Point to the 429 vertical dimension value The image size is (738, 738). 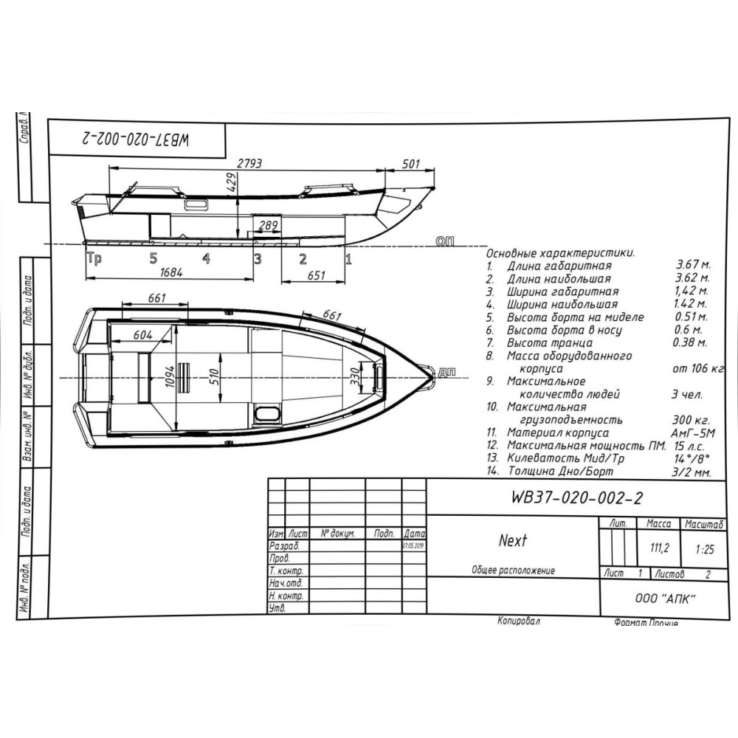click(x=232, y=183)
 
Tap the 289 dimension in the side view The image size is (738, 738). click(x=269, y=224)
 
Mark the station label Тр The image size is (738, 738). click(x=94, y=258)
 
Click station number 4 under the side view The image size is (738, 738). click(x=206, y=258)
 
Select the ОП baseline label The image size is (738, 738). click(x=446, y=241)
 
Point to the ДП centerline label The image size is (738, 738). click(x=446, y=371)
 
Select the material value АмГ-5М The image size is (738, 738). click(x=692, y=432)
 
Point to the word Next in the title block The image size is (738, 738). click(x=512, y=541)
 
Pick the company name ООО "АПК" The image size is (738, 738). click(x=666, y=599)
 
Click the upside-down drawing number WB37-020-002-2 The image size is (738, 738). click(x=137, y=139)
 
